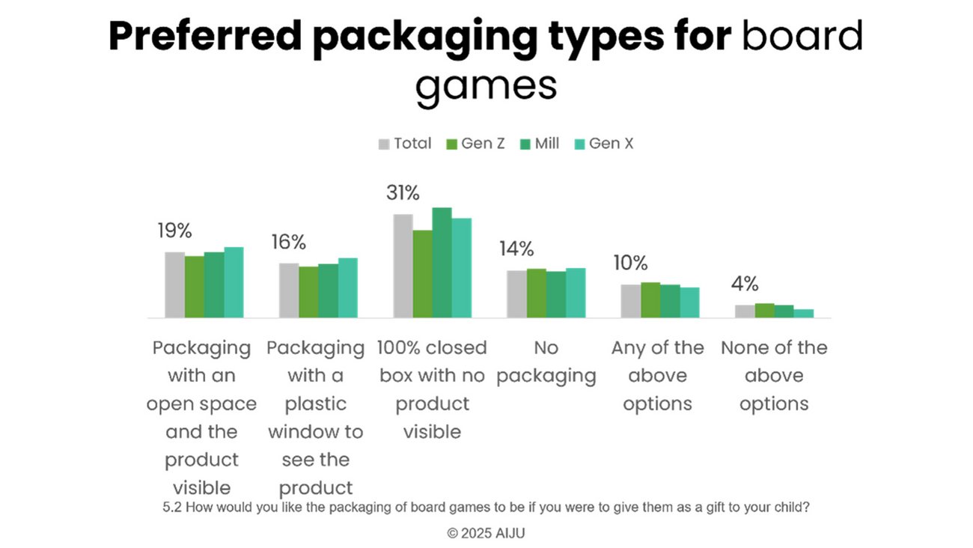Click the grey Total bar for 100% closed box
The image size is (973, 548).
pyautogui.click(x=403, y=266)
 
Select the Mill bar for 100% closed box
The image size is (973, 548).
pyautogui.click(x=442, y=262)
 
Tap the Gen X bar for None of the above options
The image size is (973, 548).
pyautogui.click(x=803, y=314)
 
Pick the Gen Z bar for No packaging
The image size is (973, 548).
pyautogui.click(x=536, y=293)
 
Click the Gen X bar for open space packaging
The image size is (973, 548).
pyautogui.click(x=234, y=282)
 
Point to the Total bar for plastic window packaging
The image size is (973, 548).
pyautogui.click(x=289, y=290)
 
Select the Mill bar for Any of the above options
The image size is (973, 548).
pyautogui.click(x=670, y=301)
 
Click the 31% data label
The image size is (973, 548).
pyautogui.click(x=403, y=193)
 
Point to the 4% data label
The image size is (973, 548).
pyautogui.click(x=745, y=284)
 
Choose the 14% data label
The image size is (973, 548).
pyautogui.click(x=516, y=249)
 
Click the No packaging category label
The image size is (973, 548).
pyautogui.click(x=546, y=362)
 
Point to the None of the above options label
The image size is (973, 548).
pyautogui.click(x=774, y=375)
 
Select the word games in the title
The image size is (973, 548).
pyautogui.click(x=486, y=86)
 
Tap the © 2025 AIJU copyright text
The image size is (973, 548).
pyautogui.click(x=486, y=533)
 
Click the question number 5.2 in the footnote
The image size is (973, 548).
pyautogui.click(x=172, y=508)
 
